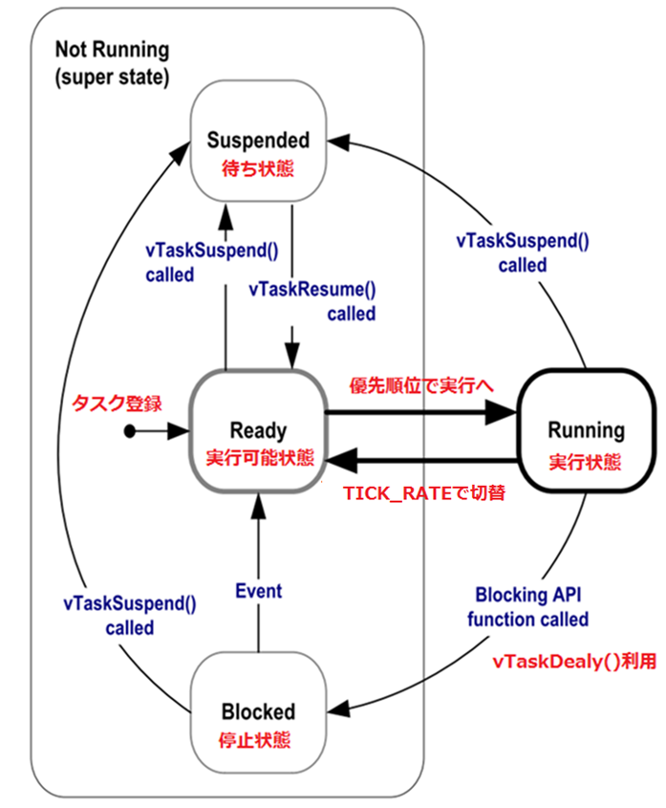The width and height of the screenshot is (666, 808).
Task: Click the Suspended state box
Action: click(x=259, y=142)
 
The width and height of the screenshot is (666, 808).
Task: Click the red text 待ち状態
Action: click(x=259, y=168)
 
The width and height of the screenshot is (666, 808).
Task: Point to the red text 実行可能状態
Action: click(x=259, y=458)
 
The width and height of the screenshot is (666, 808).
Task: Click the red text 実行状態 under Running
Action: click(x=586, y=462)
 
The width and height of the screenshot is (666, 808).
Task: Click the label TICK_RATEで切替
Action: click(x=423, y=495)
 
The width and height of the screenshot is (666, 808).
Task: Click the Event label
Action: click(x=258, y=591)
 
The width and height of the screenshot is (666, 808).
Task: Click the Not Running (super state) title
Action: click(x=111, y=63)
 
